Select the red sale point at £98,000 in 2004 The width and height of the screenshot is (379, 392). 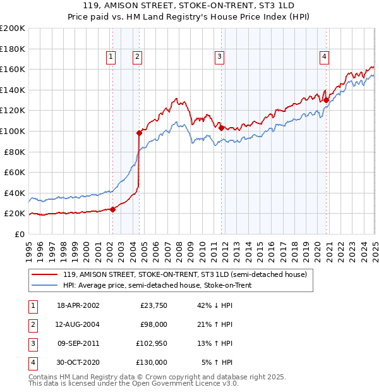pos(139,133)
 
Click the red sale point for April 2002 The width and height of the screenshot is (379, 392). pos(112,209)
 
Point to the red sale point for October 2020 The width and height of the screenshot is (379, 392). pos(326,100)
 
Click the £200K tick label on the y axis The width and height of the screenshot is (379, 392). pos(13,28)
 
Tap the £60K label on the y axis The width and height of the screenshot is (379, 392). pos(15,172)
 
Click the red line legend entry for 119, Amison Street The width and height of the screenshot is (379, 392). pos(184,274)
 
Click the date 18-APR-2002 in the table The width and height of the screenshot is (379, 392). pos(78,305)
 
